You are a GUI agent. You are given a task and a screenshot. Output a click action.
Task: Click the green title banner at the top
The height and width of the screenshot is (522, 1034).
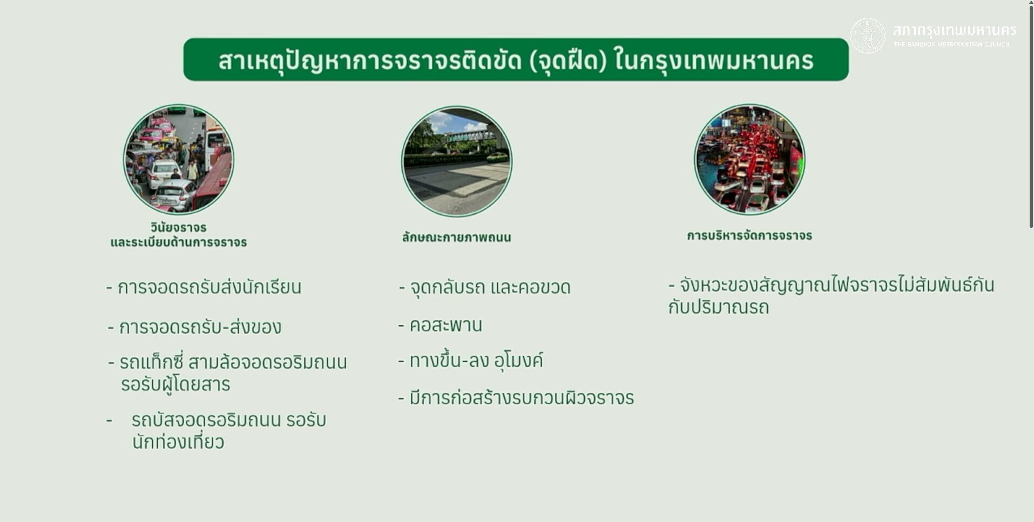point(516,59)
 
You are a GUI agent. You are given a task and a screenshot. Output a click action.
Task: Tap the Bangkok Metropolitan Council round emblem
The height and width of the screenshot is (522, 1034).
point(868,36)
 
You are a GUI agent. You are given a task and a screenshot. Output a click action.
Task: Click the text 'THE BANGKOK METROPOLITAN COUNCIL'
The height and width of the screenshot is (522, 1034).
point(952,44)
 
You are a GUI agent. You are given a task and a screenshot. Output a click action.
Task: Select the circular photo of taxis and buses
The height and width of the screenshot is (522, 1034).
point(179,159)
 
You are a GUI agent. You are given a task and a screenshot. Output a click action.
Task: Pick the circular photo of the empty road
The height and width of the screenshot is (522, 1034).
point(457,161)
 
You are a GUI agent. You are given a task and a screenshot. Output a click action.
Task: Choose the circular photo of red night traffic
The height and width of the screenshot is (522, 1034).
point(749,159)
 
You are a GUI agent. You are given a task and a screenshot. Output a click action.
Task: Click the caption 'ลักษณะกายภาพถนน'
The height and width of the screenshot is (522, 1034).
point(456,238)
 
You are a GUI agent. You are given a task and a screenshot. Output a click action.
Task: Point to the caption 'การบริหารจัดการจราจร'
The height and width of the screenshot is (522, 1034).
point(749,235)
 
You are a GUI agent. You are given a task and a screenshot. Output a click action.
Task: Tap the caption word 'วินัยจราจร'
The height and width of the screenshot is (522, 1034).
point(179,227)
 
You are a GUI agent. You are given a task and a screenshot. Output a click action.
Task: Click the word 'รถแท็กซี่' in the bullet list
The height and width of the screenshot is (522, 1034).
point(152,362)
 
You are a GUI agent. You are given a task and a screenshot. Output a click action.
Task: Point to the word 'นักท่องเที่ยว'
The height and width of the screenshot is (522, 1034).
point(178,442)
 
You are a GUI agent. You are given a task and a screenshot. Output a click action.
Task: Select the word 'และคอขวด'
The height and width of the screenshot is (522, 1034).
point(530,287)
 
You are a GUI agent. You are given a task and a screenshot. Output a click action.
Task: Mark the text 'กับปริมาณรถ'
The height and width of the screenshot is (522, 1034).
point(719,308)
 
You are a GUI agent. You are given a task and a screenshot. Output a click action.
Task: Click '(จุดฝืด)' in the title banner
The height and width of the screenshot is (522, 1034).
point(569,60)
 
